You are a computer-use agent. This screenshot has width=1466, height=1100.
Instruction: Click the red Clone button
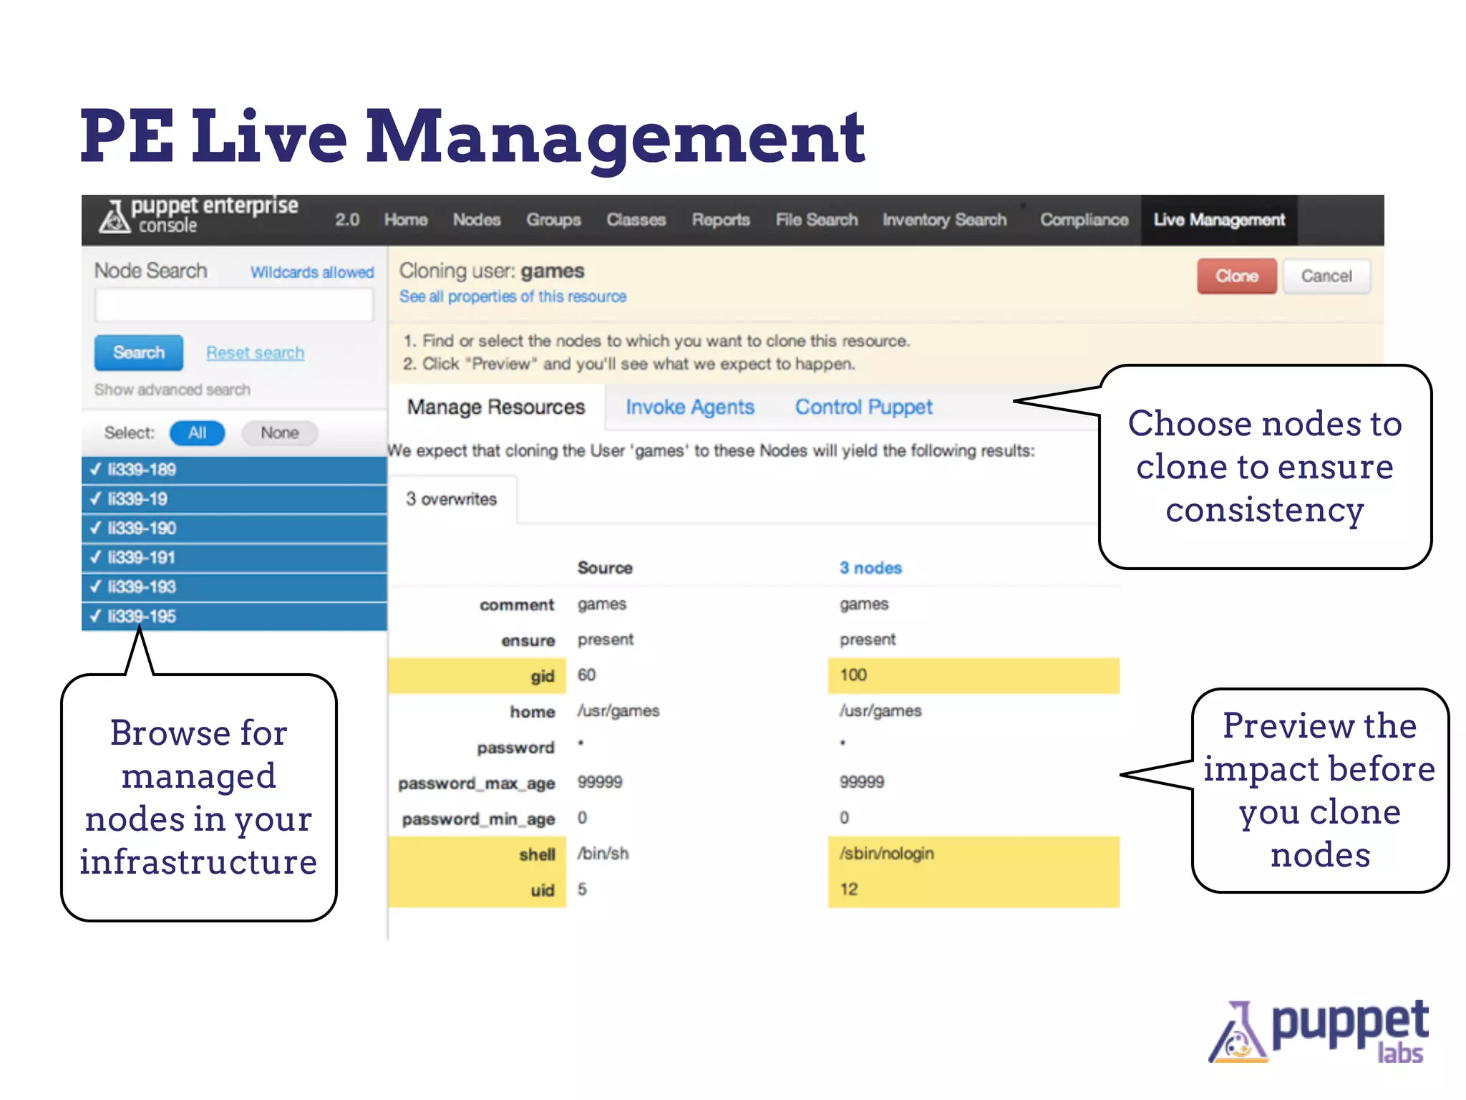(1236, 276)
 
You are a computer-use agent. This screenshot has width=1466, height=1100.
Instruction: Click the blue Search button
(139, 352)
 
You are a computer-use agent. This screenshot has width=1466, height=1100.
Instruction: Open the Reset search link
(255, 352)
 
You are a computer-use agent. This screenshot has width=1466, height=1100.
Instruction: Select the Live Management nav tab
(1218, 220)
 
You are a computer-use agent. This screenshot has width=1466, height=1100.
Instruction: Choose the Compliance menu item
(1084, 220)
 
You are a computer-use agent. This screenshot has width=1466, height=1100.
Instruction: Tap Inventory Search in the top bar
(944, 220)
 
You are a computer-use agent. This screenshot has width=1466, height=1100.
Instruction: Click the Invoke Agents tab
(689, 407)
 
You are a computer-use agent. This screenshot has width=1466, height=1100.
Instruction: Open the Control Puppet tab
(863, 407)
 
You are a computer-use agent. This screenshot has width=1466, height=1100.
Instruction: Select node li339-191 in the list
(141, 557)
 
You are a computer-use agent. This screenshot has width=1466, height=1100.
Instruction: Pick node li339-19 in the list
(137, 498)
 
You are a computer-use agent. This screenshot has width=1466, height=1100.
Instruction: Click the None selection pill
(279, 433)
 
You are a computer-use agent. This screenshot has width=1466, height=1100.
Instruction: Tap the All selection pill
(197, 433)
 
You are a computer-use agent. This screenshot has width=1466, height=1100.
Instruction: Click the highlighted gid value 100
(853, 675)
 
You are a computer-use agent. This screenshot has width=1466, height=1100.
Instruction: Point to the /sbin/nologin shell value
(887, 853)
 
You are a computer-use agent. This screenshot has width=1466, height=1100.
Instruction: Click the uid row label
(542, 890)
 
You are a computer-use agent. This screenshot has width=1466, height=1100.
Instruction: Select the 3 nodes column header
(870, 568)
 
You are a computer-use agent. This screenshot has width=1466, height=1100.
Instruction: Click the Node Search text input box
(234, 306)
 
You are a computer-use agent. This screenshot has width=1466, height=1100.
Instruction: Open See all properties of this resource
(513, 296)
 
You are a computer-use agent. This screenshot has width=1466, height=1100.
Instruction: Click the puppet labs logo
(1319, 1031)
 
